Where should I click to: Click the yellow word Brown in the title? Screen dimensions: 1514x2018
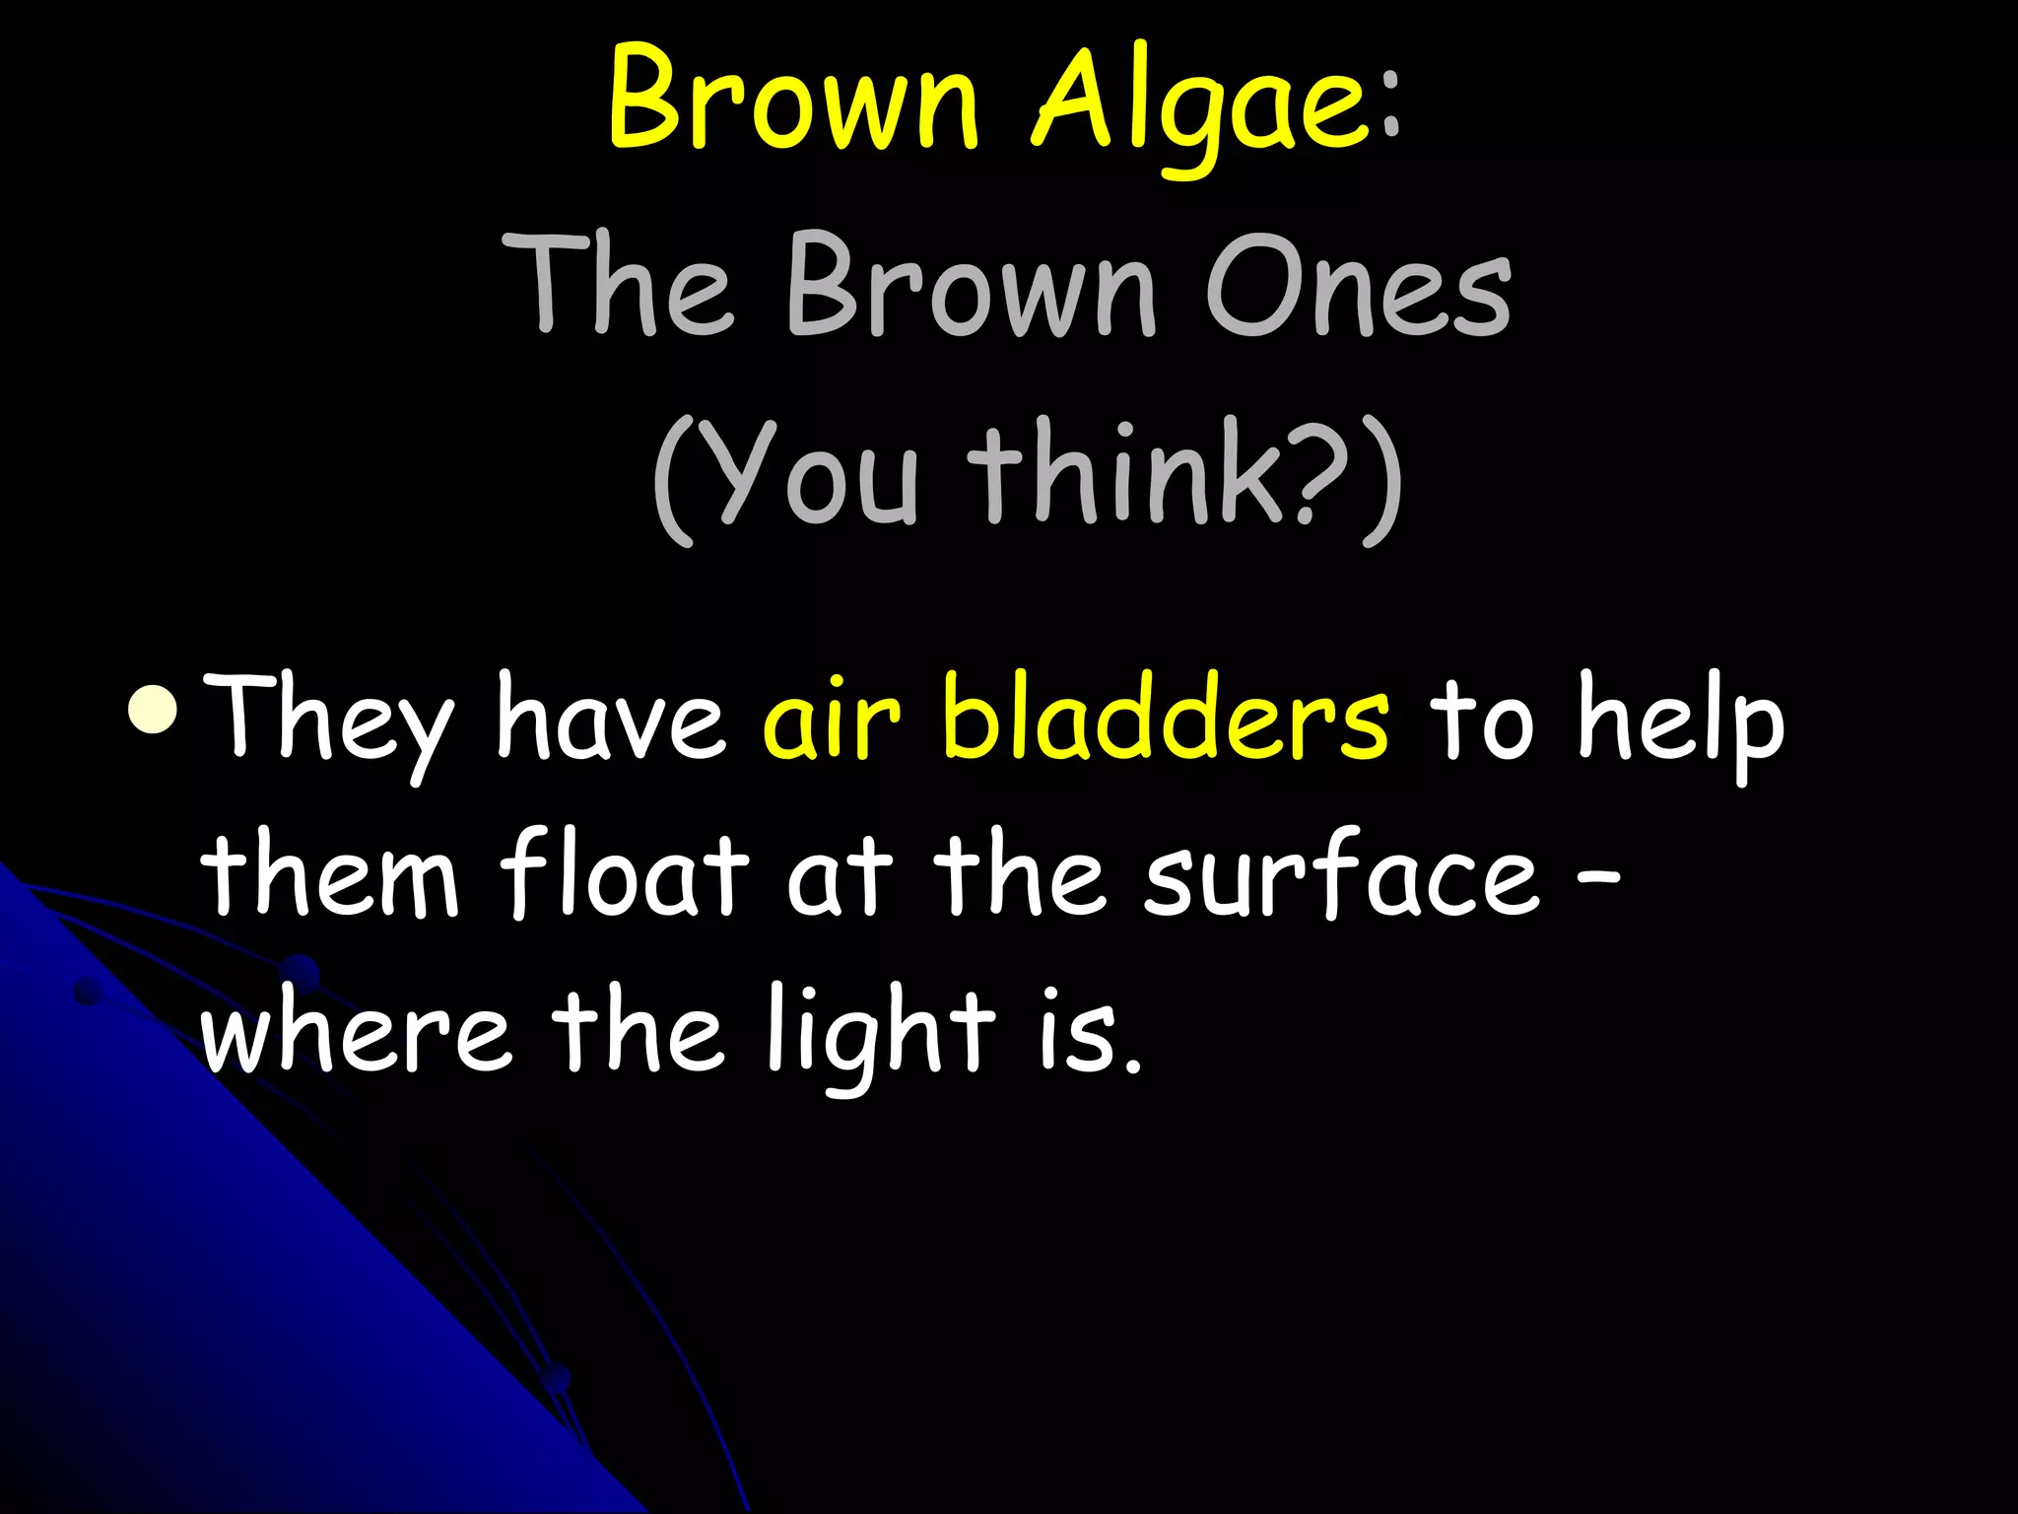794,99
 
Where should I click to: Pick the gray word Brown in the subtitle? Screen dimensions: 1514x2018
970,286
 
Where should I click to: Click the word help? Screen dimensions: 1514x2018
1680,720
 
